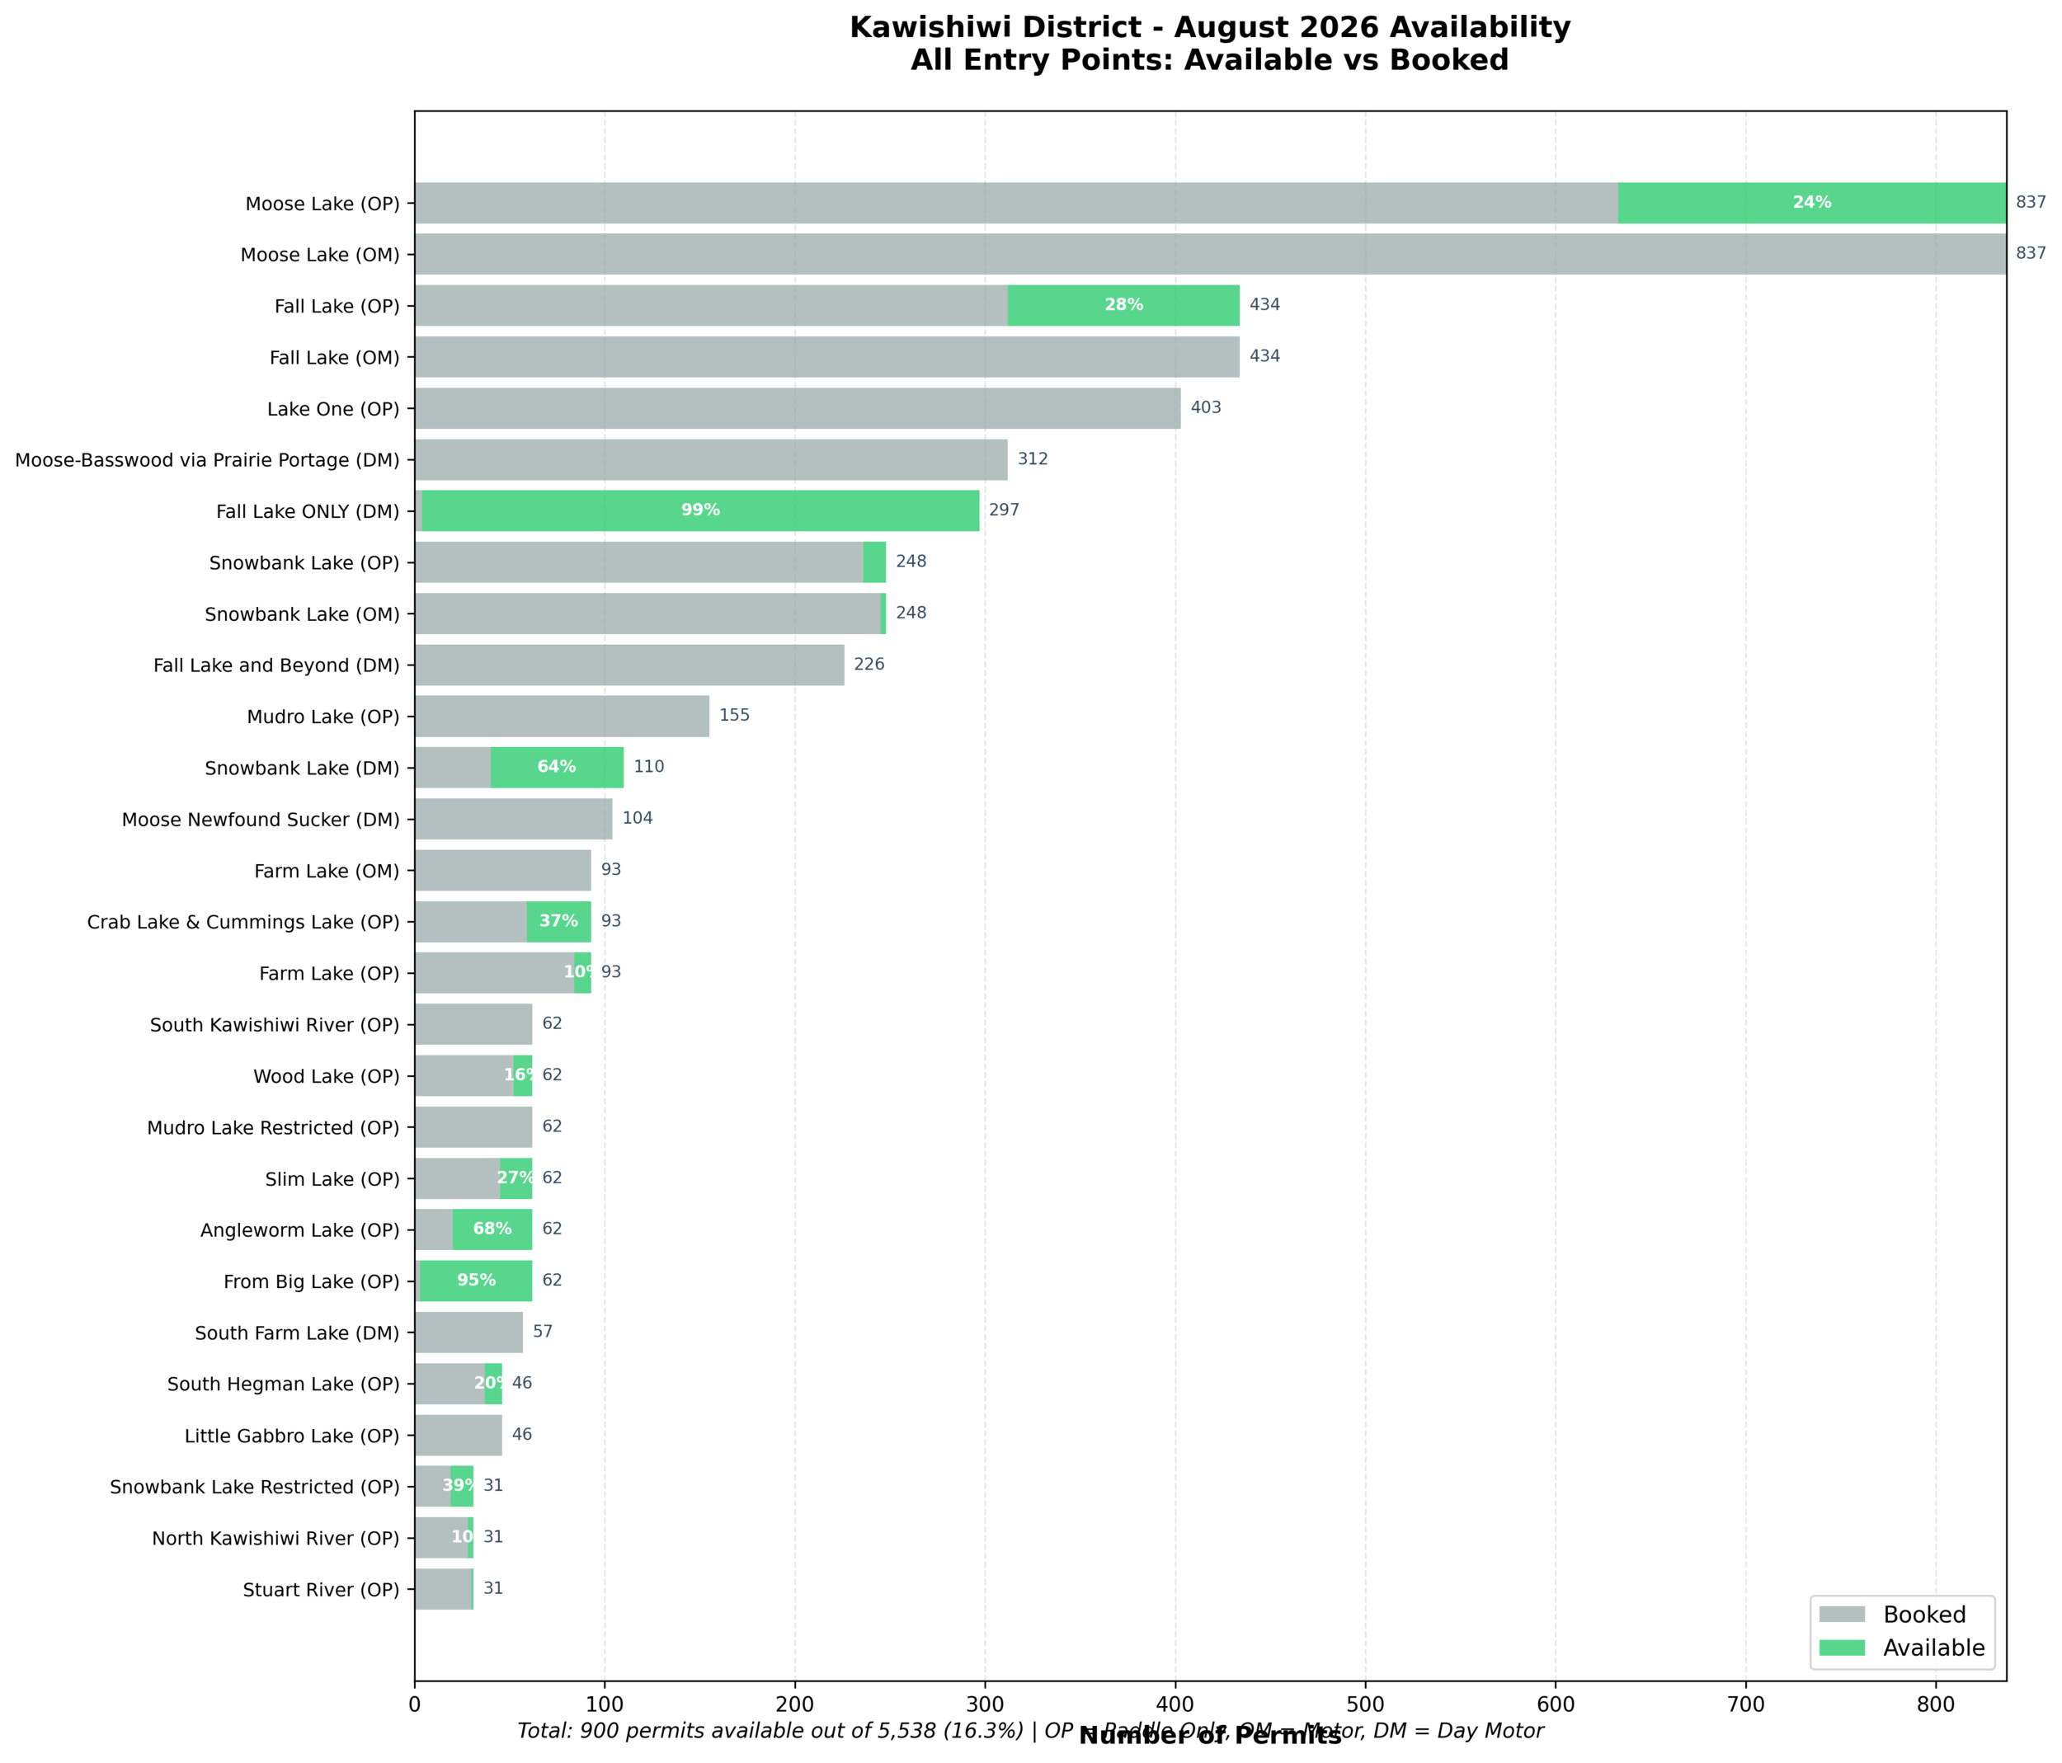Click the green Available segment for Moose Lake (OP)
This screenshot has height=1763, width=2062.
point(1811,203)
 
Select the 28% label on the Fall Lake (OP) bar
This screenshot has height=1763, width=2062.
point(1123,305)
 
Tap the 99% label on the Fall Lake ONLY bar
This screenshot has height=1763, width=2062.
point(699,510)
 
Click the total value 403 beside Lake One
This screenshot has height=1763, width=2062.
point(1205,408)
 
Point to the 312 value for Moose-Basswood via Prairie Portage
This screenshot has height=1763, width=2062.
point(1032,459)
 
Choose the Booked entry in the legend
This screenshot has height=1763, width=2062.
point(1923,1615)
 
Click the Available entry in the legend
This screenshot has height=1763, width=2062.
point(1933,1648)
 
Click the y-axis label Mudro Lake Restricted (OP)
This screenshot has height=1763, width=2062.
point(273,1128)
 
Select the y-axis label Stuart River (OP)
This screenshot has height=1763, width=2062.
point(321,1590)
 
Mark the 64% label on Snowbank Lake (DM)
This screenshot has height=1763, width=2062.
point(556,767)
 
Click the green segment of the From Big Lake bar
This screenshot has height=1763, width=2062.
point(476,1281)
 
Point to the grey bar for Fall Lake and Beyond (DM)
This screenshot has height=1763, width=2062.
point(629,665)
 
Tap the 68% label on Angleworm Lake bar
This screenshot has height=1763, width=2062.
point(492,1229)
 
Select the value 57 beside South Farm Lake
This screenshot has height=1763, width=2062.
point(543,1333)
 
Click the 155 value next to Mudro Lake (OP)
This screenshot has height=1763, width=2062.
point(734,717)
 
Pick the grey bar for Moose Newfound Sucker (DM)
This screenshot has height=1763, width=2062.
point(514,819)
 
